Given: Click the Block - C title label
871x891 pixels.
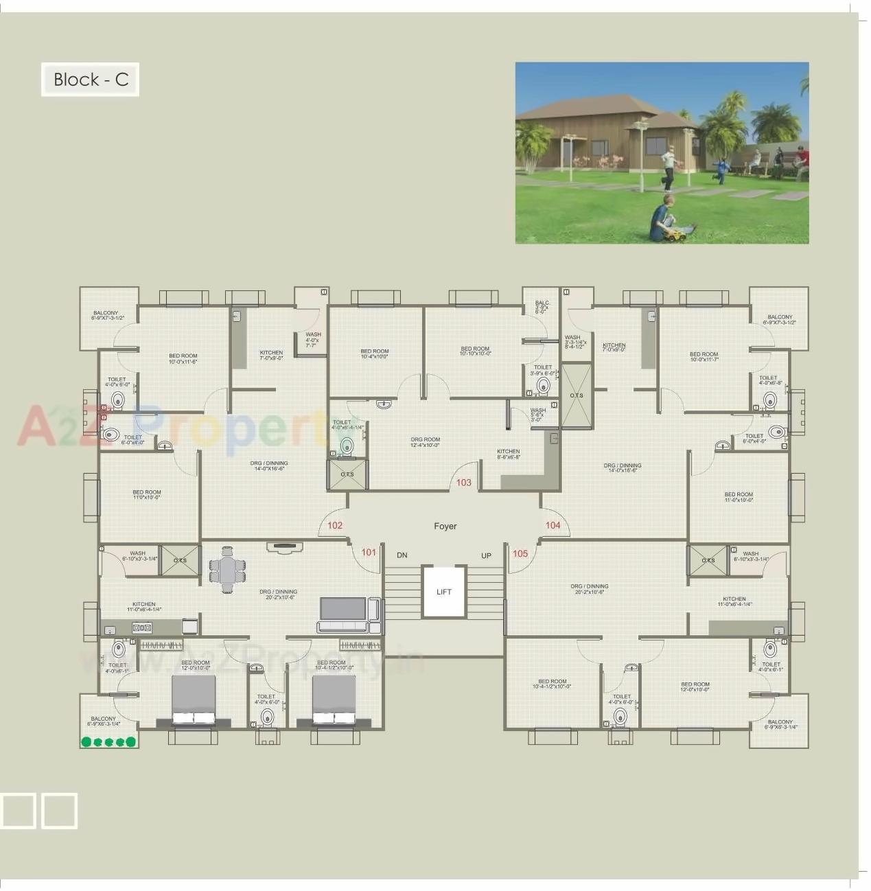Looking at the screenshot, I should point(91,80).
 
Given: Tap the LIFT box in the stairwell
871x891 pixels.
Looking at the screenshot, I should point(444,591).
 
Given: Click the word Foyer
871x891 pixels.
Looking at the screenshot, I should point(445,526).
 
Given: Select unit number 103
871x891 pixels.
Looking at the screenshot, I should point(464,483).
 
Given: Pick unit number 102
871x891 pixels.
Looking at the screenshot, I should point(335,526).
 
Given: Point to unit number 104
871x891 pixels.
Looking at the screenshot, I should point(553,526).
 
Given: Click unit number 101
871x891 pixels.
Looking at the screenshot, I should point(369,553).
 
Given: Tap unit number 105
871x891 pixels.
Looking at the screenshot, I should point(520,553).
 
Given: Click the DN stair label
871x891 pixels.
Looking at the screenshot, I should point(402,555).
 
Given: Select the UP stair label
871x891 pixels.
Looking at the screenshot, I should point(486,556).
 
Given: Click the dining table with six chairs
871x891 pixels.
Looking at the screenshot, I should point(227,570).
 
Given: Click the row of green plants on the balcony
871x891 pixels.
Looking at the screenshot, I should point(108,742).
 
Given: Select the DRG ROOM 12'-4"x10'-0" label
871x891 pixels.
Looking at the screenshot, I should point(426,442).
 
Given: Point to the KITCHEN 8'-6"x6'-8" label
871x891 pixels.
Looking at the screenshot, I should point(509,454).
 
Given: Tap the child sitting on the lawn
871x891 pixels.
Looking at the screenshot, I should point(663,218).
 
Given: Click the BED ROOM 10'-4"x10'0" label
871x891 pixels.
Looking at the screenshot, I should point(375,354).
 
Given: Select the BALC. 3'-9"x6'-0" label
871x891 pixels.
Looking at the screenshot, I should point(542,307).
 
